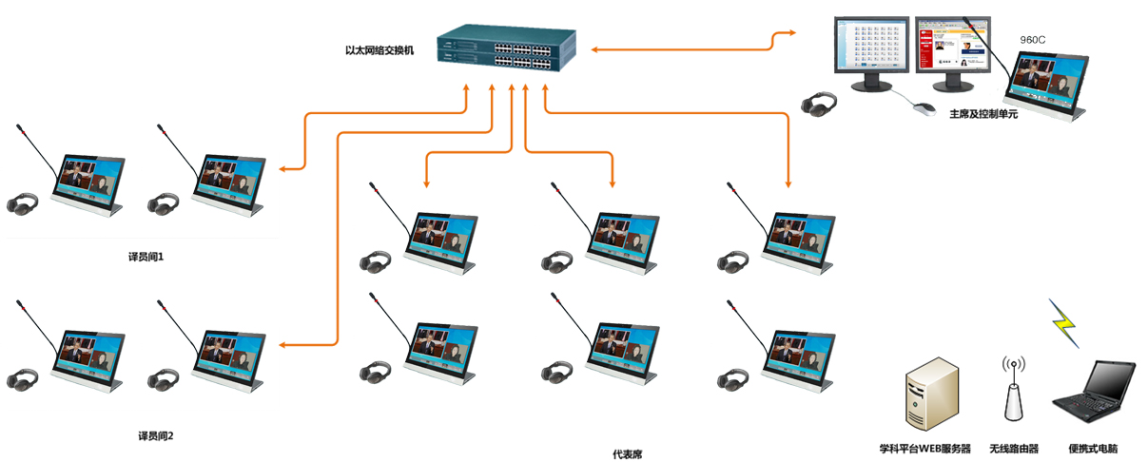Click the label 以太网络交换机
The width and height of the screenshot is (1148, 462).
[379, 48]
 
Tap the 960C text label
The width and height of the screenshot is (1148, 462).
[1033, 40]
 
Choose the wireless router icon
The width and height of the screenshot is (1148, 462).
[1012, 389]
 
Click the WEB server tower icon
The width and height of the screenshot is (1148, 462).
[929, 395]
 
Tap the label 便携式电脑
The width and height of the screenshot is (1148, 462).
[1093, 449]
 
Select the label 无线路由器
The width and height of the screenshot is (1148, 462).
[1013, 449]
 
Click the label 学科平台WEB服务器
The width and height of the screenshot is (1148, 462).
[925, 449]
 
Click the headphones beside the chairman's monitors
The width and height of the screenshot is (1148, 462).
[816, 103]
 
